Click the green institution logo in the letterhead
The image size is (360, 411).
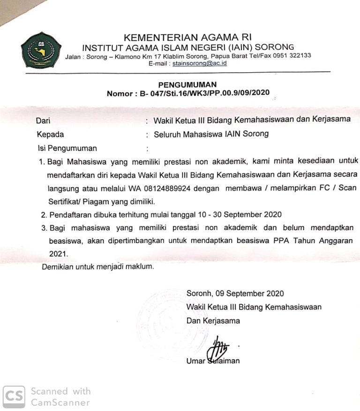coord(41,50)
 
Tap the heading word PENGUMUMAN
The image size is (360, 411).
coord(187,84)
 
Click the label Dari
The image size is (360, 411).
coord(43,120)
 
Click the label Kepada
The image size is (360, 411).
coord(50,134)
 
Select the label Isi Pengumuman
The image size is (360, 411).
coord(67,148)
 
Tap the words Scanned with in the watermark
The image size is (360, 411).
coord(60,391)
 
